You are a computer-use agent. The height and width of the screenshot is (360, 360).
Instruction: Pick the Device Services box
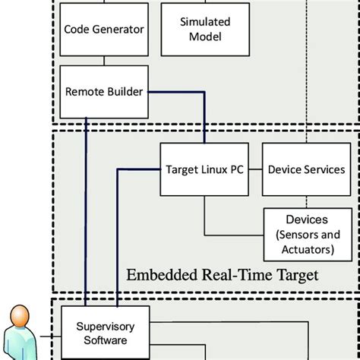[x=306, y=169]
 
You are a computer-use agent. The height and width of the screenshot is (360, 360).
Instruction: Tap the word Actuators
[x=306, y=248]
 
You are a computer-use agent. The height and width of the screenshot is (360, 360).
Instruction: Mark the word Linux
[x=210, y=169]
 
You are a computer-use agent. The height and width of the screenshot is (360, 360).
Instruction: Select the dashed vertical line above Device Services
[x=306, y=76]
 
